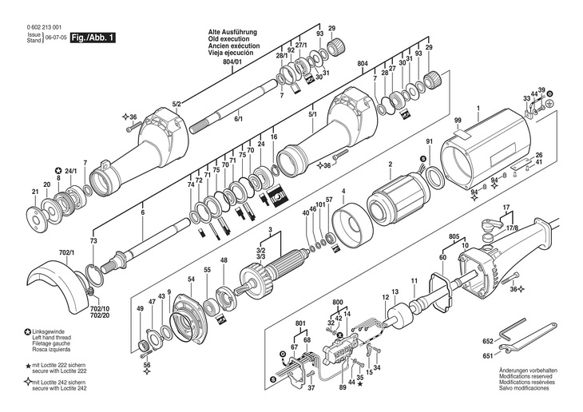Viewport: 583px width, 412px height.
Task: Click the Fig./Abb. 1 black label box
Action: (x=93, y=38)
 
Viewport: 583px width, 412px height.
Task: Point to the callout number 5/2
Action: (x=177, y=103)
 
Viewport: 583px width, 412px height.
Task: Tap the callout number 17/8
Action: (x=511, y=227)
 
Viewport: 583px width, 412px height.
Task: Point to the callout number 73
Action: (x=93, y=240)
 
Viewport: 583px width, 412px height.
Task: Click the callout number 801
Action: (x=300, y=323)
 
